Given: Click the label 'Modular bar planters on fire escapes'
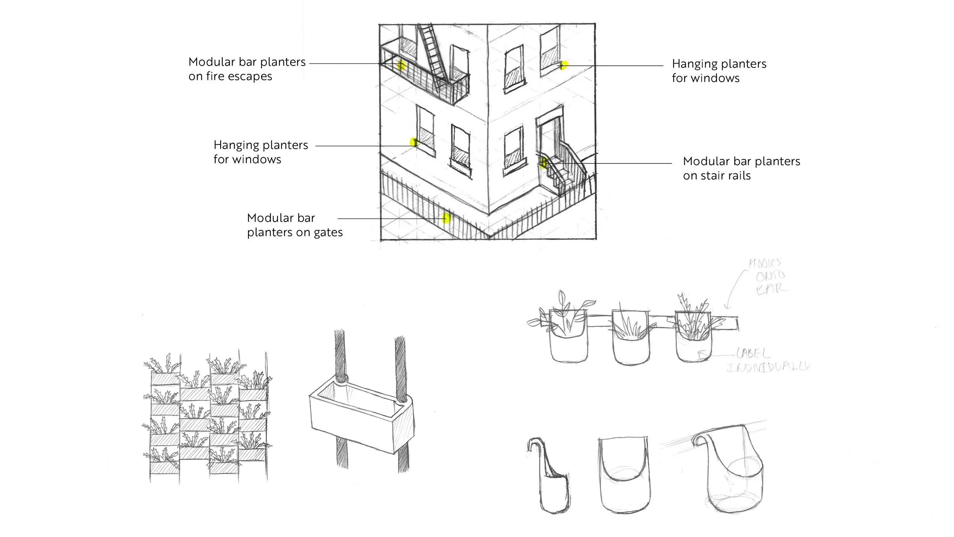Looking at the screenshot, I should point(247,69).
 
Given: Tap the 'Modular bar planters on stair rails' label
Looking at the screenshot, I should point(741,168).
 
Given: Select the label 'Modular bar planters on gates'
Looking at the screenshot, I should point(295,225).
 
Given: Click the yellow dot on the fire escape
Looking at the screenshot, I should point(400,66).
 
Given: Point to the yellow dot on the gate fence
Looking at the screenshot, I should point(446,218).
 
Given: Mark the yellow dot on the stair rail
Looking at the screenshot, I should point(544,163).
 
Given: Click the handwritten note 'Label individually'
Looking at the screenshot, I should point(767,360).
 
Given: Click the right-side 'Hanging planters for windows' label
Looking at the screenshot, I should point(719,71).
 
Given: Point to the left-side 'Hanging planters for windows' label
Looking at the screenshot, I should point(261,152).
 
